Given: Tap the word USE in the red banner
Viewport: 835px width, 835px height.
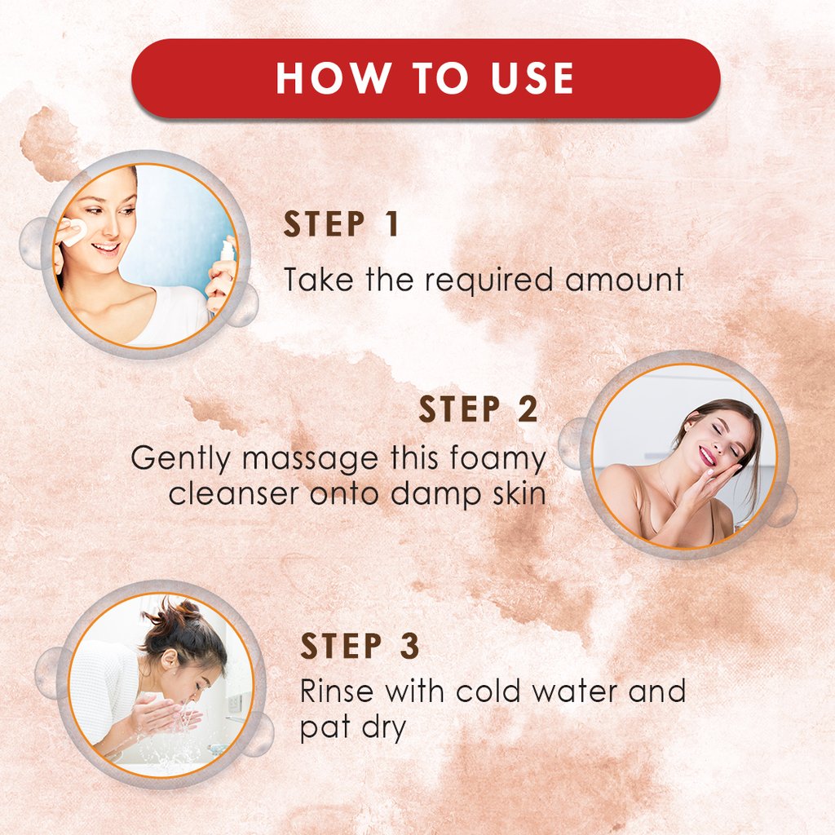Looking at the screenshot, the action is click(x=532, y=78).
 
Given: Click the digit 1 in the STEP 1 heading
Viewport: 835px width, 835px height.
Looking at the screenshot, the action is click(x=391, y=223).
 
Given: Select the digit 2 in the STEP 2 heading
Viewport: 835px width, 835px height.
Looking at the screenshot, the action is click(x=528, y=409).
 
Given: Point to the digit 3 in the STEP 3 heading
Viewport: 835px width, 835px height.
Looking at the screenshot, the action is click(x=409, y=646).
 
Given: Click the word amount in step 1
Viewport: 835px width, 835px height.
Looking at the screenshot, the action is click(x=624, y=281).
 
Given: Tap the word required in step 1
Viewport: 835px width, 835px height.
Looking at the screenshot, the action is click(x=488, y=281).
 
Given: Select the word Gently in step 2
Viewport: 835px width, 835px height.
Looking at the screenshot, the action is click(x=180, y=458).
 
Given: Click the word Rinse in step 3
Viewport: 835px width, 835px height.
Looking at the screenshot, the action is click(x=337, y=691).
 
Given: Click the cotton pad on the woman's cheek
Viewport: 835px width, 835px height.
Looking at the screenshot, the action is click(x=73, y=231).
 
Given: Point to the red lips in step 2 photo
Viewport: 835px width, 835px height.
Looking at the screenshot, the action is click(x=706, y=457).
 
